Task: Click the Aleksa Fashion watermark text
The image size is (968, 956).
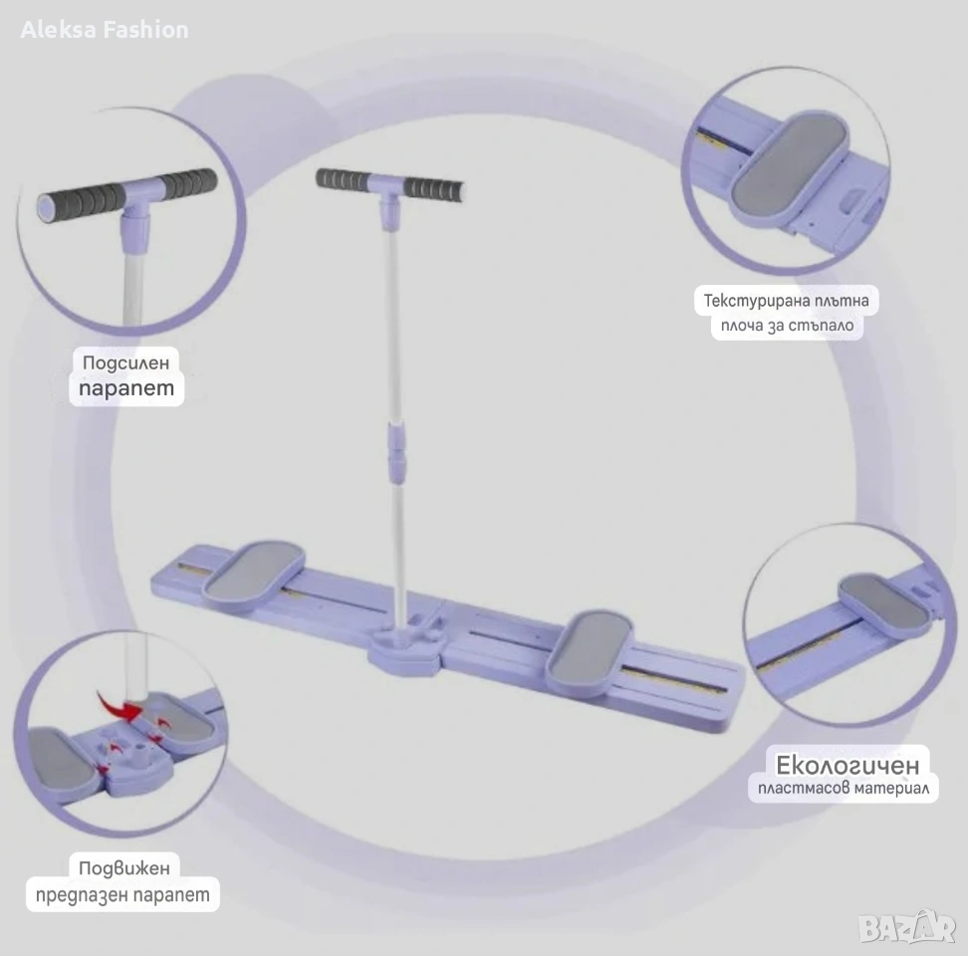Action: (x=105, y=30)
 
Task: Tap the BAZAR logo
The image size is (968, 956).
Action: (x=906, y=927)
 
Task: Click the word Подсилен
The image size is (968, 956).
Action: (x=125, y=362)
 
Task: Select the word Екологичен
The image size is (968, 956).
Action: (x=847, y=765)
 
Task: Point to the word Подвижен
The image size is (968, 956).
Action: (x=124, y=867)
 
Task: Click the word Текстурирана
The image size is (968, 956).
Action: (x=743, y=301)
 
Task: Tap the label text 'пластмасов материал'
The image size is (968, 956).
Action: (x=844, y=788)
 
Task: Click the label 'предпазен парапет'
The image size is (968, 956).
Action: (x=122, y=894)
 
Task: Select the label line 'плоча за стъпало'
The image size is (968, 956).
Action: (x=787, y=326)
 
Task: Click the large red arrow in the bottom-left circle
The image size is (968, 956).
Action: (x=119, y=706)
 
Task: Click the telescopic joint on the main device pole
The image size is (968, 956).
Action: (x=397, y=452)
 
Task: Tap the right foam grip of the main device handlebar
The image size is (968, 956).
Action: (x=434, y=189)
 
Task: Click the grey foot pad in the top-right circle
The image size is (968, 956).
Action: (x=790, y=163)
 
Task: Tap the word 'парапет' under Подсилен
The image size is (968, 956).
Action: (x=126, y=388)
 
